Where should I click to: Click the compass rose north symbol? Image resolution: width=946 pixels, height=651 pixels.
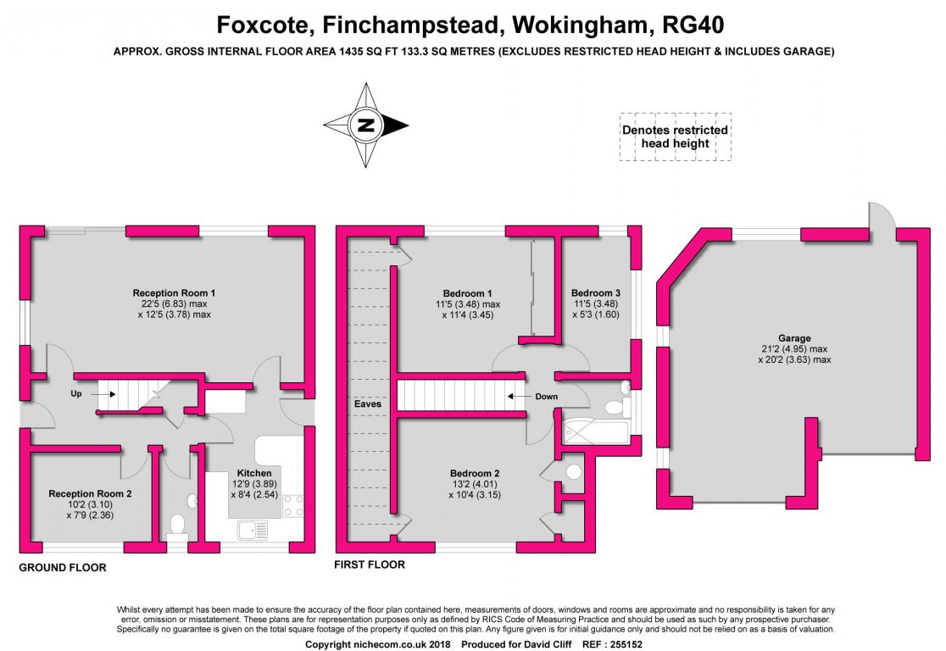click(x=366, y=125)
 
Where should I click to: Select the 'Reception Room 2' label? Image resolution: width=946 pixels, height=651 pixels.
click(x=90, y=493)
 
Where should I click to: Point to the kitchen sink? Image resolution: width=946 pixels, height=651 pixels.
click(x=253, y=531)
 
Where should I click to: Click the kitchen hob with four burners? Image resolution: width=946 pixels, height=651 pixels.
click(x=293, y=506)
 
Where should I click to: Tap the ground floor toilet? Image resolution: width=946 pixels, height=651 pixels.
click(x=178, y=526)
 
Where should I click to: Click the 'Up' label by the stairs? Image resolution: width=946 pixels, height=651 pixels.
click(x=76, y=394)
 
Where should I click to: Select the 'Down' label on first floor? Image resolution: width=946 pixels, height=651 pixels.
click(x=547, y=396)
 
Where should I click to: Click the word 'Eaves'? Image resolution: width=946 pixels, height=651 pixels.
click(x=368, y=403)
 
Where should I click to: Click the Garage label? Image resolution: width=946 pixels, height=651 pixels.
click(x=794, y=338)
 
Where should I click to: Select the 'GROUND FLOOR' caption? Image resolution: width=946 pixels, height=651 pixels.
click(x=63, y=568)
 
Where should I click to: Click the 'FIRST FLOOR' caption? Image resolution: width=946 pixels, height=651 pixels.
click(x=370, y=565)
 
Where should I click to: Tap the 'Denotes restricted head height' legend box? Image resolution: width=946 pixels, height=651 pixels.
click(x=675, y=136)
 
